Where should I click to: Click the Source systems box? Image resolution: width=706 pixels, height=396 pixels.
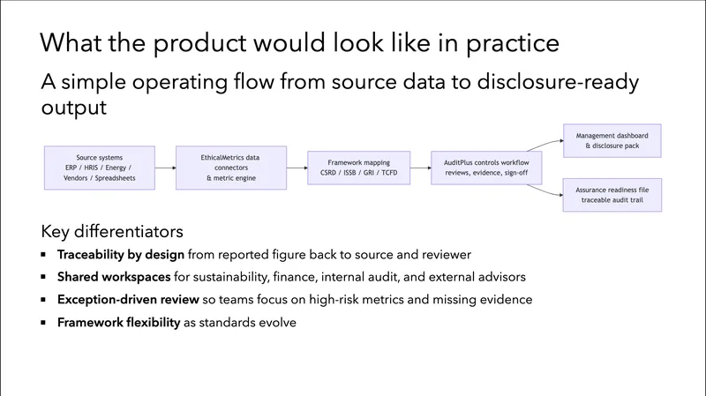(100, 168)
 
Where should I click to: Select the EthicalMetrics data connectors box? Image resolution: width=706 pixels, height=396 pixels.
(230, 168)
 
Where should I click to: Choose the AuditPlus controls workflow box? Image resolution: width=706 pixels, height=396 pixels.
(486, 168)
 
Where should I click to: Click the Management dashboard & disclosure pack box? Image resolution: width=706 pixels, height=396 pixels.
(612, 142)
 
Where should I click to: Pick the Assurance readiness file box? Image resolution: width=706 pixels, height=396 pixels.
(612, 193)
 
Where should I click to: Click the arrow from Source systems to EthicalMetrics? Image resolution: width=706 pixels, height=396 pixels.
(166, 168)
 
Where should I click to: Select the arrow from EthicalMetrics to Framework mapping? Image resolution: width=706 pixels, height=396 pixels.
(297, 168)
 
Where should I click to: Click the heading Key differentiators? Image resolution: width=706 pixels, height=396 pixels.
(112, 232)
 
